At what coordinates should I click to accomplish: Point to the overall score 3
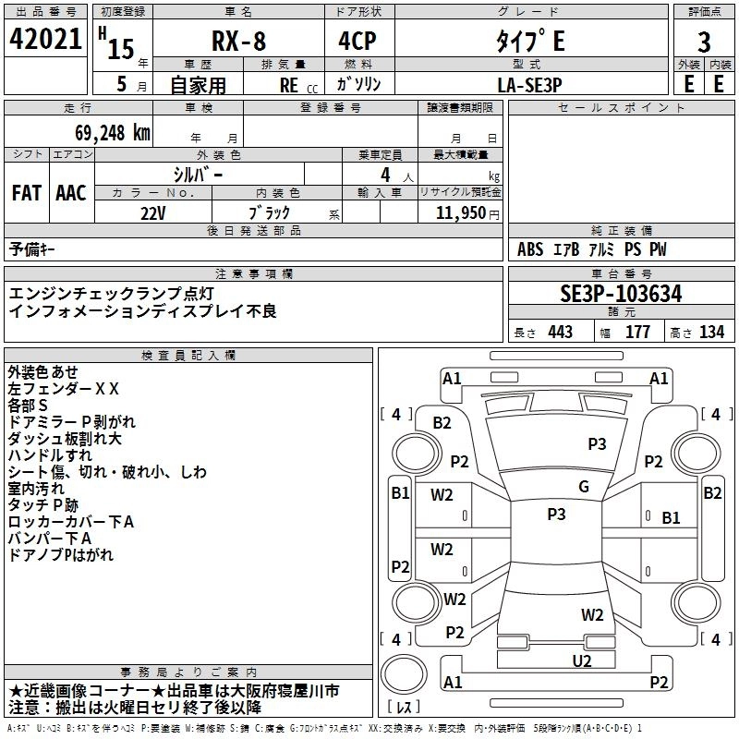coord(704,42)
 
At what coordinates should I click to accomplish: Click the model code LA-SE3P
coord(529,84)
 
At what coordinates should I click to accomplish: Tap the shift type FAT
coord(27,193)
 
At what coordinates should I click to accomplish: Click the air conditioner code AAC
coord(71,193)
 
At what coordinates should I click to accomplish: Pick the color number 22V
coord(152,212)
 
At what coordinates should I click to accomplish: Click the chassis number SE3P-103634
coord(621,295)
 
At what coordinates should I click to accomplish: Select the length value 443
coord(560,332)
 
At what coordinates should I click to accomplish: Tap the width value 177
coord(638,332)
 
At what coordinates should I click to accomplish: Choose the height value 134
coord(711,332)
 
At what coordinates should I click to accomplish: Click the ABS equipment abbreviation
coord(530,249)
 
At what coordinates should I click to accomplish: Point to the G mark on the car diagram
coord(584,487)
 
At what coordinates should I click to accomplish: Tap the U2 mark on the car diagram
coord(581,660)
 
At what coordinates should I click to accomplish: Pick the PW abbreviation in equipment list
coord(657,249)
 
